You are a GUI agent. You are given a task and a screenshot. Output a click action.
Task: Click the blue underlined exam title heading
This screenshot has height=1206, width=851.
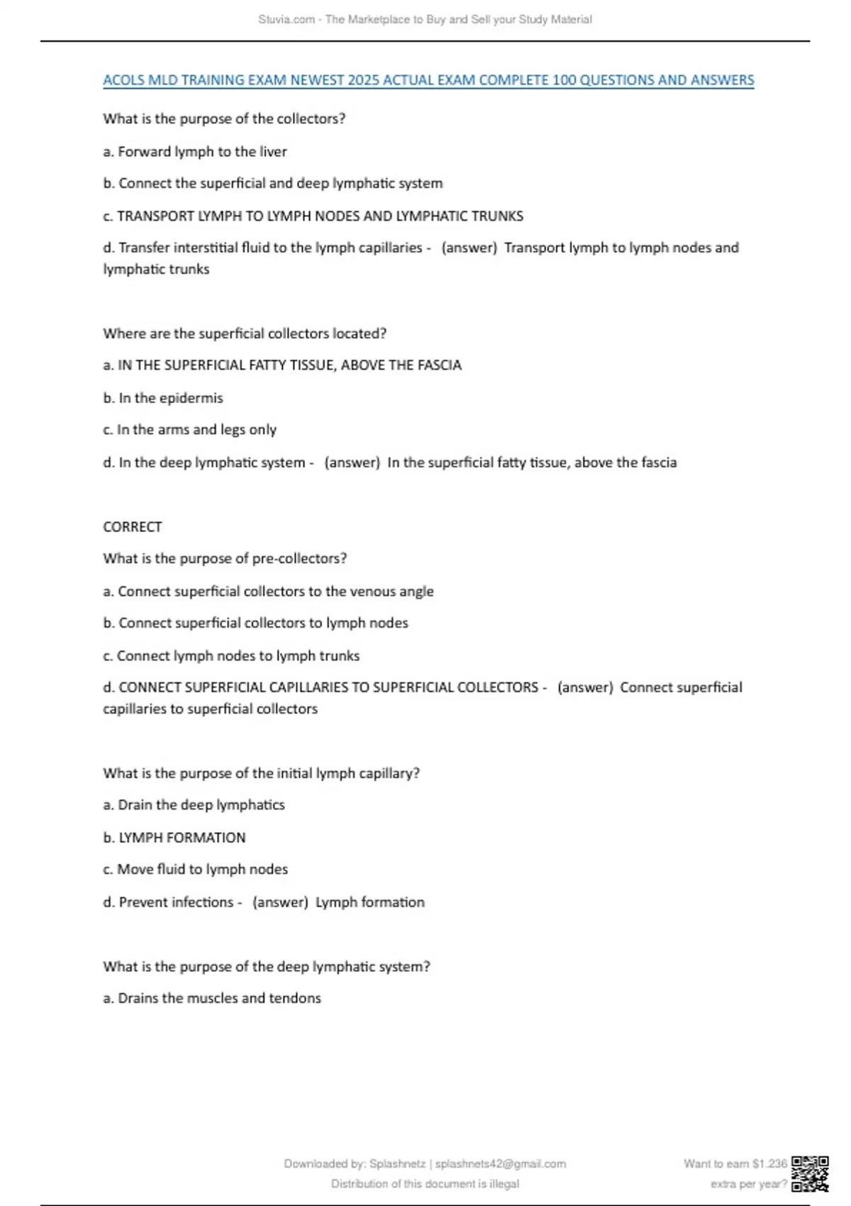pos(428,80)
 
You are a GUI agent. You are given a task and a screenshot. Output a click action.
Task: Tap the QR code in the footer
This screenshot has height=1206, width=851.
pos(810,1173)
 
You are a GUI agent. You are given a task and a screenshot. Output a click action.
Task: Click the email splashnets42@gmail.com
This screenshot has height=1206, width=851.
pos(501,1163)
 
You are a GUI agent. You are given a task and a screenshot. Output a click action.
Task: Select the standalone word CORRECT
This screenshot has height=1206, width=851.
pos(133,527)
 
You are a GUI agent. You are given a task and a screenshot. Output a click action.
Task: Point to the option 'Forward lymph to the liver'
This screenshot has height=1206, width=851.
pos(195,152)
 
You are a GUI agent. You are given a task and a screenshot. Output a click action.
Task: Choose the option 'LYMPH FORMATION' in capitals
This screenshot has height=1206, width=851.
pos(174,838)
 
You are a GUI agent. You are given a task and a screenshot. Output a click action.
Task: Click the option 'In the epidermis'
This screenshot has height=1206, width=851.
pos(163,398)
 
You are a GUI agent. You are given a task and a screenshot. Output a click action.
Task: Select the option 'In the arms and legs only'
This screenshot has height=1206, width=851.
pos(190,430)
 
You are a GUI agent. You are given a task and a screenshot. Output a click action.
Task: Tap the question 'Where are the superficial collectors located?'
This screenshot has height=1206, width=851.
pos(245,333)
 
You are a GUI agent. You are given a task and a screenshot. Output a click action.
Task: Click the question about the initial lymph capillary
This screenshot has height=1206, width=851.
pos(261,773)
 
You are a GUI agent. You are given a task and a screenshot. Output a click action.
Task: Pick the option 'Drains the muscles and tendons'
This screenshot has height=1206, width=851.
pos(212,998)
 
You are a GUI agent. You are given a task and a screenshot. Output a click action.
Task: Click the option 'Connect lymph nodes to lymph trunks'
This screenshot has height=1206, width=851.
pos(231,656)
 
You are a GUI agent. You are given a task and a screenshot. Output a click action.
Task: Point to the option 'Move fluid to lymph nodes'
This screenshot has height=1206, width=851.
pos(196,870)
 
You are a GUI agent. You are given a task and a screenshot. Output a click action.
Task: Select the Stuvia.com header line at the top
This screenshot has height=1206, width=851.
pos(425,20)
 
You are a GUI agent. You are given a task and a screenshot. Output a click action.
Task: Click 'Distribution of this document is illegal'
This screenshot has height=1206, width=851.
pos(425,1184)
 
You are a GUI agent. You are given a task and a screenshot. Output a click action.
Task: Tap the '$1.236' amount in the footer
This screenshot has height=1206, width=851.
pos(769,1163)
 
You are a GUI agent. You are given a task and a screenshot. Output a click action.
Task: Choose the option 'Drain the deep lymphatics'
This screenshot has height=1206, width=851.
pos(194,805)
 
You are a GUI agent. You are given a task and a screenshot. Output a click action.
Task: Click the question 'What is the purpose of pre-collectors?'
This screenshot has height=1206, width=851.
pos(225,559)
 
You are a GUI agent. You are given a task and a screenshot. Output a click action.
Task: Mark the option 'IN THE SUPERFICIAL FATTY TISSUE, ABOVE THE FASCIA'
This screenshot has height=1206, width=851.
pos(282,365)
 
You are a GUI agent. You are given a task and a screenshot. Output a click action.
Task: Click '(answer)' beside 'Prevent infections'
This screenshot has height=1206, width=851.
pos(280,902)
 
